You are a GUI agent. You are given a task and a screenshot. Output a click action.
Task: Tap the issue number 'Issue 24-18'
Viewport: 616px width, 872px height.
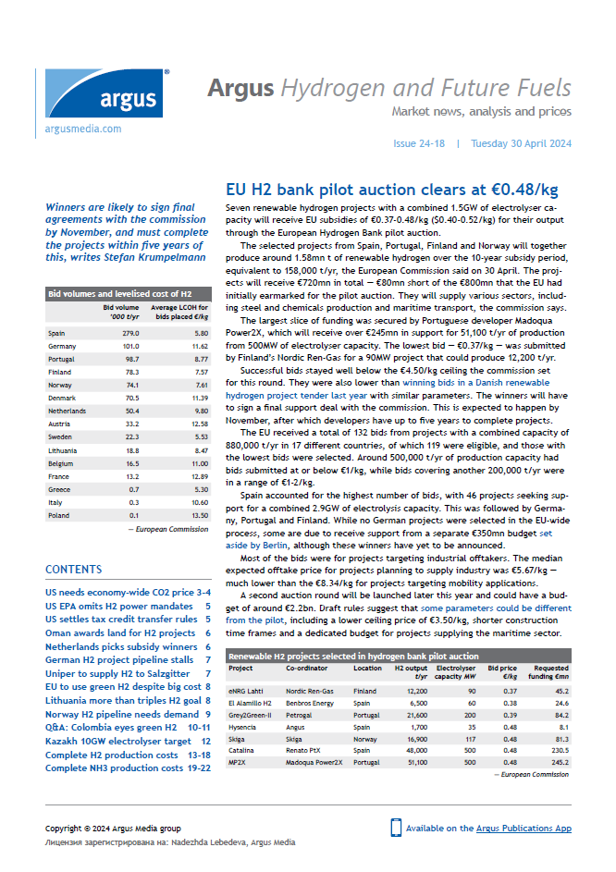[x=419, y=144]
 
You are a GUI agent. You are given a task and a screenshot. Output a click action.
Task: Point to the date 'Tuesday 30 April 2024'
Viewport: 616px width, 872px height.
[x=521, y=144]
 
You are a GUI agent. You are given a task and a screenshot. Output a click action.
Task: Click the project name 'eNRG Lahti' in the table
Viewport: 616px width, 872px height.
[x=247, y=691]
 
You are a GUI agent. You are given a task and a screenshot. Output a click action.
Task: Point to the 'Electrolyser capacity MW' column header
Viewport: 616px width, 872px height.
[x=455, y=671]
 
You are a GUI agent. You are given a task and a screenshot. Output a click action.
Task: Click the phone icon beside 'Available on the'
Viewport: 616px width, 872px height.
[x=396, y=828]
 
